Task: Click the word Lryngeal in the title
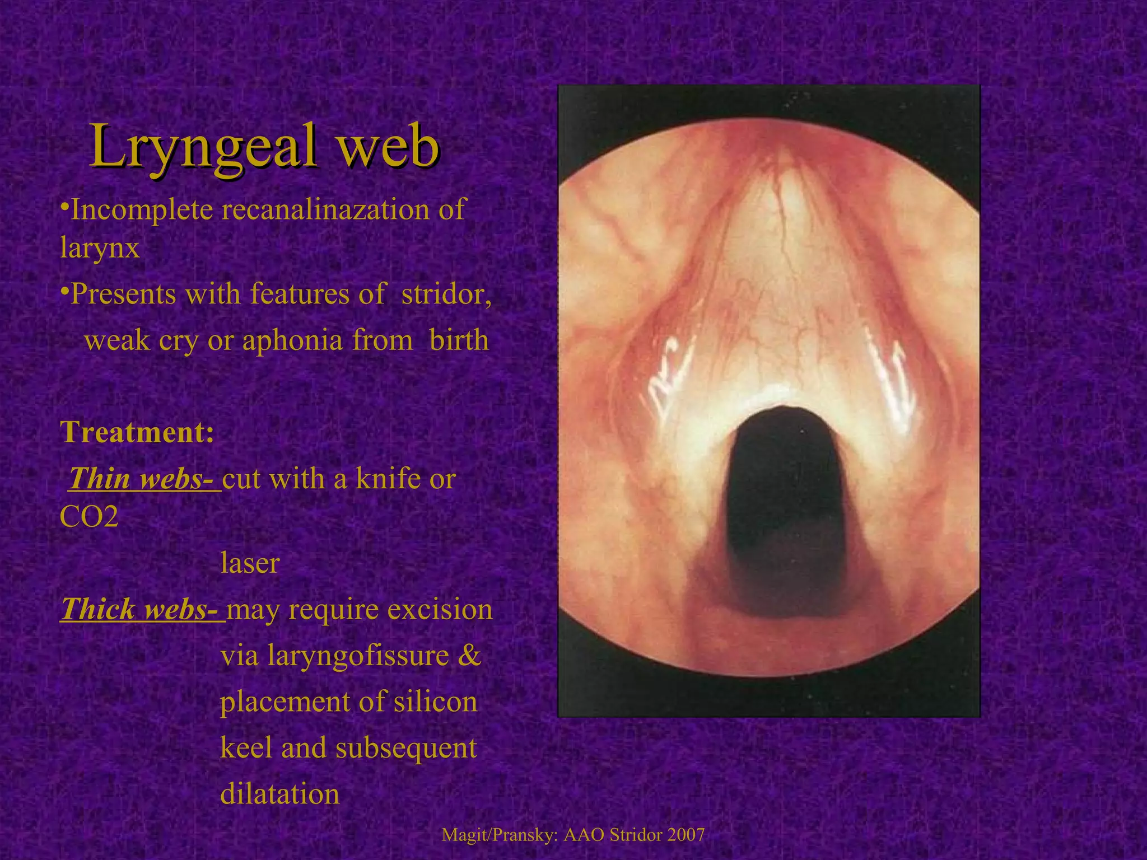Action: [x=202, y=147]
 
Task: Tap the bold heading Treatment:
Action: [x=137, y=432]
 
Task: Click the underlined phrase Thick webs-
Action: [x=142, y=609]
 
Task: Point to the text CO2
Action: [x=89, y=517]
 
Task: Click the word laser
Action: [x=250, y=563]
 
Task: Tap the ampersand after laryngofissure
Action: [x=469, y=656]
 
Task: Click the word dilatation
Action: [x=279, y=794]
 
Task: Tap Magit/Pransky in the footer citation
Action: [x=499, y=835]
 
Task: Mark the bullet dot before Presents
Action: [x=64, y=289]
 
